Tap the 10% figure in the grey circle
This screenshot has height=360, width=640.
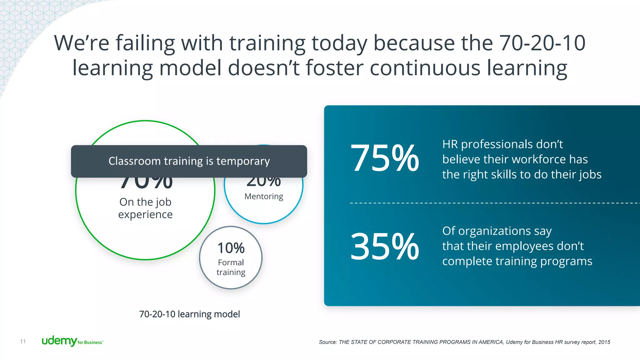coord(231,248)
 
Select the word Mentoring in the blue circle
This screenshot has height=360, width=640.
coord(264,196)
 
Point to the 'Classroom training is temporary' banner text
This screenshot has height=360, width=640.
coord(189,161)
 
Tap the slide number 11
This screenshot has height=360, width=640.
coord(23,341)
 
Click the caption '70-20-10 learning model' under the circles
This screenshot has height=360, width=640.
coord(189,314)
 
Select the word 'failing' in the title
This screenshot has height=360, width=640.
coord(145,43)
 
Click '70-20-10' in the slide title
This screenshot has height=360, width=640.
coord(542,43)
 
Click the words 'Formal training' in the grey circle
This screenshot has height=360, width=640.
coord(231,267)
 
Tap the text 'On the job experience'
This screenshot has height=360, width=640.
coord(145,208)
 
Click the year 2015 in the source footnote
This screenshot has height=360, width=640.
coord(604,342)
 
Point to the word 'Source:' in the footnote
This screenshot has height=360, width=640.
coord(328,342)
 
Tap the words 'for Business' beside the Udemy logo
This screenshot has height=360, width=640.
coord(90,342)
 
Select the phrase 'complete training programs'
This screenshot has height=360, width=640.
coord(517,261)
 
